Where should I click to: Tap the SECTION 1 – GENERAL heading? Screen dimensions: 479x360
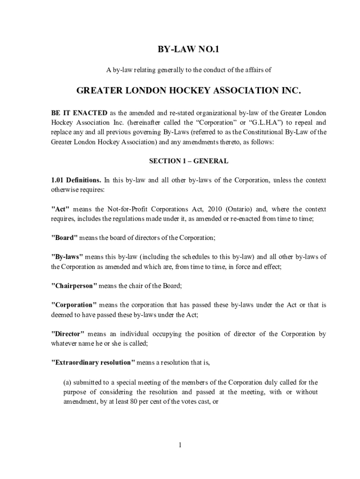point(188,161)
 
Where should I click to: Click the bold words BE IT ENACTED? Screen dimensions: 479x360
point(79,113)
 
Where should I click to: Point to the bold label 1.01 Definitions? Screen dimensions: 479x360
point(76,180)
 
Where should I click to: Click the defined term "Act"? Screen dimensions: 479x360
point(60,209)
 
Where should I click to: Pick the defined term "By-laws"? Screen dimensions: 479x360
point(67,257)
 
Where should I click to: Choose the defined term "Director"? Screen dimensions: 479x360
point(68,334)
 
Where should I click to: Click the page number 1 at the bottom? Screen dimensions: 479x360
point(180,444)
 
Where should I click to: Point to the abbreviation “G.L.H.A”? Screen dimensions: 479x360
point(252,123)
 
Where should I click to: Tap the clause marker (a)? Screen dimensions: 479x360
point(68,382)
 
